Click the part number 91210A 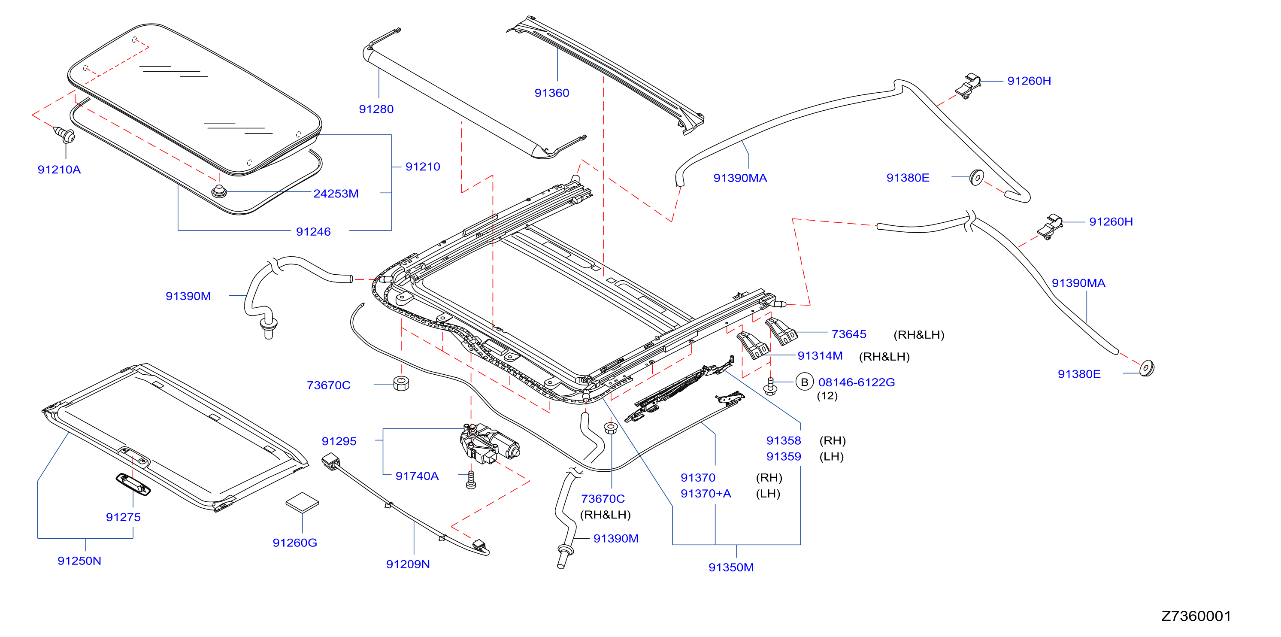(x=59, y=170)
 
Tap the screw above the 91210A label (x=65, y=135)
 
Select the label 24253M (x=336, y=194)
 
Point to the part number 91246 (x=313, y=231)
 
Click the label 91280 (x=376, y=109)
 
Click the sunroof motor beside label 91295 (x=488, y=444)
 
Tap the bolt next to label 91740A (x=471, y=480)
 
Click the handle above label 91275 (x=133, y=484)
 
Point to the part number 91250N (x=79, y=561)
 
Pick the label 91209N (x=408, y=564)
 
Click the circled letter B (x=804, y=382)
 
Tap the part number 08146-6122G (x=856, y=382)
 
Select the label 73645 (x=849, y=334)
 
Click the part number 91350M (x=731, y=567)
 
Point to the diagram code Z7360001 (x=1196, y=616)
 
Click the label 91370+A (x=706, y=493)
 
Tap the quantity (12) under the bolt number (x=827, y=396)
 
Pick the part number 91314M (x=820, y=355)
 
